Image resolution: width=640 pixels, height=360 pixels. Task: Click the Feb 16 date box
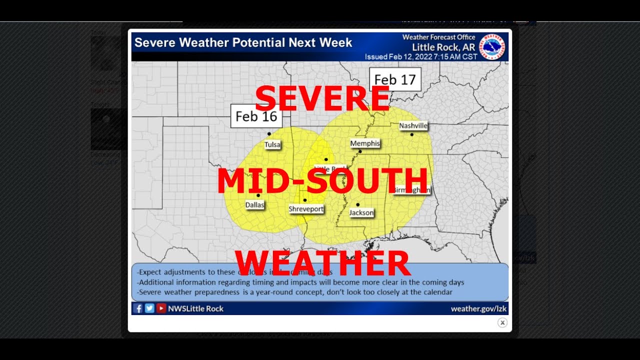[256, 116]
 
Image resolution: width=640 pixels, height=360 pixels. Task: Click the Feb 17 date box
[395, 79]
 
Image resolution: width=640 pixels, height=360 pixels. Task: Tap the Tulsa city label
[272, 144]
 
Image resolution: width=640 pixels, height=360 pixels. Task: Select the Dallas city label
[254, 205]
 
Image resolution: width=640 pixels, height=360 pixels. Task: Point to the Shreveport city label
[306, 209]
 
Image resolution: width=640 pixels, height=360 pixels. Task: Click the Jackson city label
[361, 212]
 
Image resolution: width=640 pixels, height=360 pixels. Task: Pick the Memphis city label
[365, 143]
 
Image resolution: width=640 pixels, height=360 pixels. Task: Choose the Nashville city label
[413, 126]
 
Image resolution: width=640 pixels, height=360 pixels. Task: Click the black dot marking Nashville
[412, 134]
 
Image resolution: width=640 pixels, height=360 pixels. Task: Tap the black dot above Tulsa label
[269, 134]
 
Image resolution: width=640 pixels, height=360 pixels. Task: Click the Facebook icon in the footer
[138, 308]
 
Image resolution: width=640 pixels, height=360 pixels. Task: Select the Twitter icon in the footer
[149, 308]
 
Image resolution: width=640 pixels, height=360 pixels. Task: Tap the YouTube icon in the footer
[161, 308]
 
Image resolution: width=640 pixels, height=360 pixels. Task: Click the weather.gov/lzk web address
[479, 308]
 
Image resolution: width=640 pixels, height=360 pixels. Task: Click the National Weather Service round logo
[492, 46]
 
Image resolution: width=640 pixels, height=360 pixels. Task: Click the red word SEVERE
[322, 98]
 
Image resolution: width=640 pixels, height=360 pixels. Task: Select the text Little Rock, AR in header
[443, 47]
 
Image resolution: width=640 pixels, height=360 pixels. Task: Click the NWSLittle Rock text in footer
[195, 308]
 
